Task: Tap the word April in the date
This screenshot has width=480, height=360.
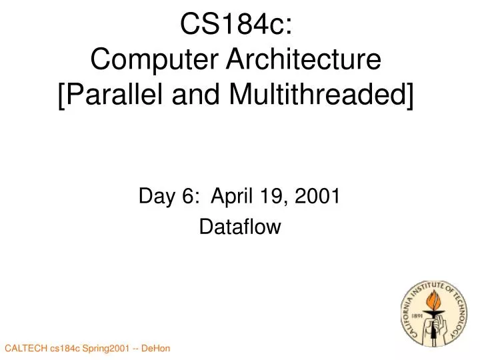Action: tap(231, 197)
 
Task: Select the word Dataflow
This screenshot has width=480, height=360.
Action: tap(240, 228)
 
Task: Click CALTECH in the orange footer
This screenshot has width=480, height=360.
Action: tap(26, 349)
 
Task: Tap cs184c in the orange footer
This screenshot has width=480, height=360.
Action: tap(66, 349)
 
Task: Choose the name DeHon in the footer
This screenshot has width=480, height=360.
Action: tap(157, 349)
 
